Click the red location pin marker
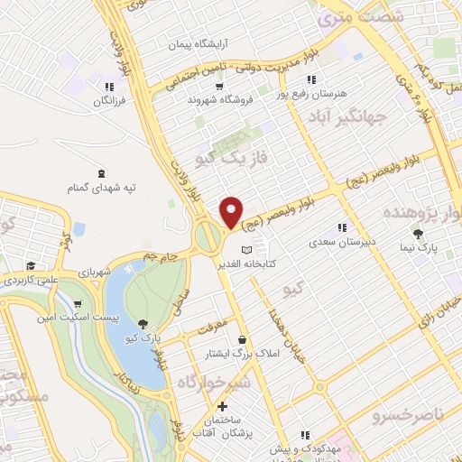[232, 212]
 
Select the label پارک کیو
[143, 337]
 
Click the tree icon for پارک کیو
[143, 323]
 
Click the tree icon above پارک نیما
[416, 233]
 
